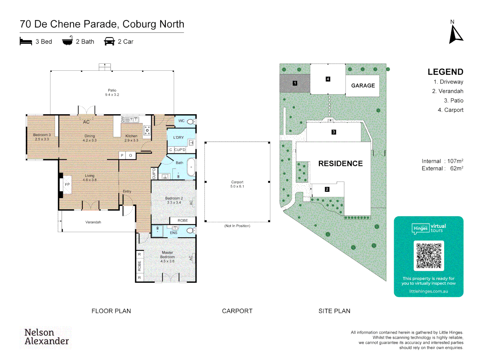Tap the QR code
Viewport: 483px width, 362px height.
[x=429, y=256]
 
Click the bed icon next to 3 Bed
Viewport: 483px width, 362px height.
[x=26, y=42]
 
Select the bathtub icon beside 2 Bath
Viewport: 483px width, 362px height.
[x=67, y=41]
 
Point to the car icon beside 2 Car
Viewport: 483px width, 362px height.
[x=109, y=42]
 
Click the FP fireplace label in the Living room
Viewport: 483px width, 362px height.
[x=67, y=185]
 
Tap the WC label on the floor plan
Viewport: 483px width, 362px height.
[x=181, y=121]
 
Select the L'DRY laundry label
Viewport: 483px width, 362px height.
[x=178, y=137]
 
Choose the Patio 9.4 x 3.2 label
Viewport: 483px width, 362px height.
[x=112, y=93]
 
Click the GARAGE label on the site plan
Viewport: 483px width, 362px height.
[x=363, y=86]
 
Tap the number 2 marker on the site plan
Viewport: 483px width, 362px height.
[x=327, y=189]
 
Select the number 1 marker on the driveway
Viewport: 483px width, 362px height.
[x=295, y=83]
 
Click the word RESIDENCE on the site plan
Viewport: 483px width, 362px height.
[x=340, y=164]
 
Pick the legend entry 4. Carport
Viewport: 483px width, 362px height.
[x=450, y=110]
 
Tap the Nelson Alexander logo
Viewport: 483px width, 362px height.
[x=46, y=337]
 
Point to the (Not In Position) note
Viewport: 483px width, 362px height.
[x=237, y=226]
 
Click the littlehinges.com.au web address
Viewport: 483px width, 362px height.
[x=428, y=291]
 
